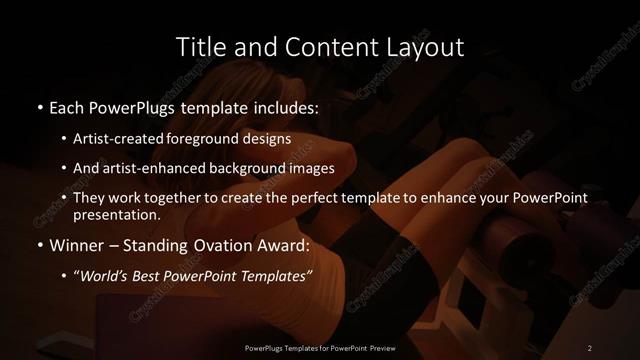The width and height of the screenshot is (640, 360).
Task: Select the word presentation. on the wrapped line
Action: pos(117,214)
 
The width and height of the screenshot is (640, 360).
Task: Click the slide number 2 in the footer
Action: pos(590,347)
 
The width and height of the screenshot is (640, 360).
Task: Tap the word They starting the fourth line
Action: pos(88,198)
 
